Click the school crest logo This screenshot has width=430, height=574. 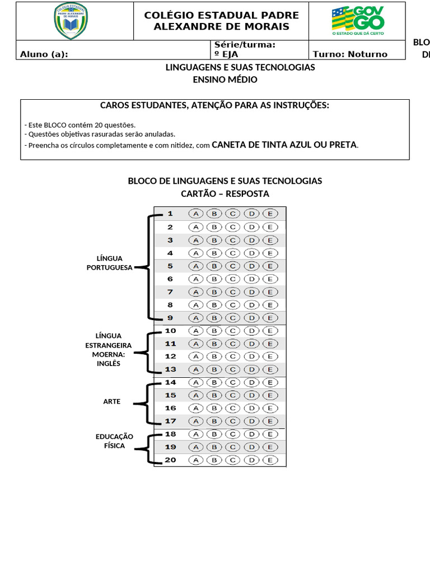point(70,21)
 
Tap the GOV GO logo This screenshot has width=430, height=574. point(358,21)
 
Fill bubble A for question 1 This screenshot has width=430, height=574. point(195,214)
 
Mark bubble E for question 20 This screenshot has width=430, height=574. point(270,460)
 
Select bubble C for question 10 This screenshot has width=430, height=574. point(233,331)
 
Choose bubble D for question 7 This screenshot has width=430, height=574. point(251,292)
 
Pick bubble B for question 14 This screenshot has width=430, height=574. point(214,382)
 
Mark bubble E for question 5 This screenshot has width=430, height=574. point(270,266)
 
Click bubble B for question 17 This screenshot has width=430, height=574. point(214,421)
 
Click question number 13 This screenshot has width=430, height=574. point(170,369)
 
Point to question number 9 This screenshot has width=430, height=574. point(170,318)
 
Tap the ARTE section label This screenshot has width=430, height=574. point(111,401)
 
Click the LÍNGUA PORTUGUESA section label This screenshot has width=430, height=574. point(109,263)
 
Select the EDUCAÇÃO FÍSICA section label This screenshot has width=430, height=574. point(114,441)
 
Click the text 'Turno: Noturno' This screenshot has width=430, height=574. point(350,54)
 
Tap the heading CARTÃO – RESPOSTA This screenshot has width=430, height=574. point(225,194)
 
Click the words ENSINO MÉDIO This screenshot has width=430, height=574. point(225,80)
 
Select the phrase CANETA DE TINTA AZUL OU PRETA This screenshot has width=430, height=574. point(284,145)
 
